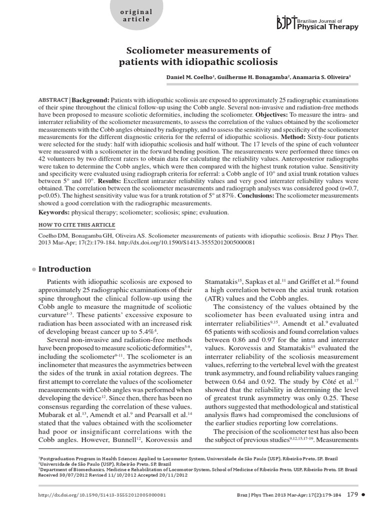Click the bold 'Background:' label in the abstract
(91, 100)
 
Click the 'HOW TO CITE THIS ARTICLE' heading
(76, 225)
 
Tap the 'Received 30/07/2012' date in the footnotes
(62, 475)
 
